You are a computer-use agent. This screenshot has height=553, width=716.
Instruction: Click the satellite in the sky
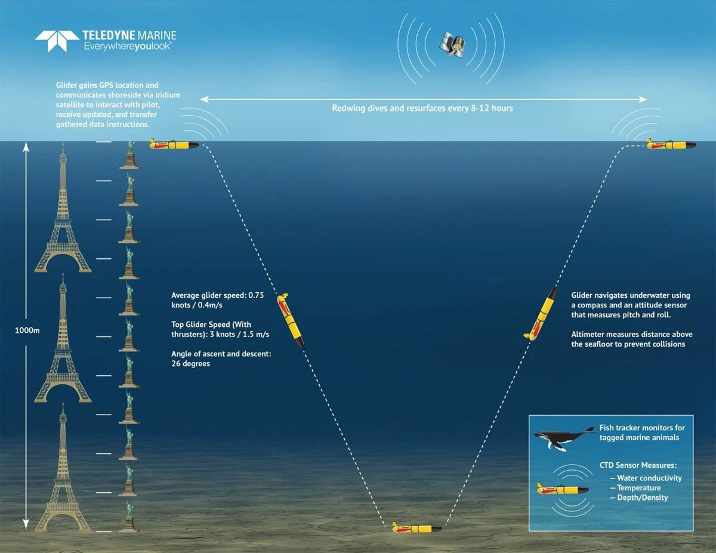click(452, 45)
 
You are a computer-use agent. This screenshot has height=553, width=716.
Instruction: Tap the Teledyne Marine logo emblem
click(57, 41)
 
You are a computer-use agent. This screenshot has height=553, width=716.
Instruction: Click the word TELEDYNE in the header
click(109, 36)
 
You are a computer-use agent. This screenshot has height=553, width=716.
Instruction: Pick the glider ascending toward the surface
click(541, 314)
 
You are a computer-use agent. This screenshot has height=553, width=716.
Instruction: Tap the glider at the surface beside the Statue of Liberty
click(174, 144)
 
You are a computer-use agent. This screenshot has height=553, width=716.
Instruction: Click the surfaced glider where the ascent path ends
click(671, 144)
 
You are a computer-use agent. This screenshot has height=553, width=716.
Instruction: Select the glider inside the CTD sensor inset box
click(563, 489)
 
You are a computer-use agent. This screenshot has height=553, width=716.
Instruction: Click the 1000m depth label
click(27, 330)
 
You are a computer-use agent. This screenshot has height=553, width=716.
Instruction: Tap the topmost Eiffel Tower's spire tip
click(63, 143)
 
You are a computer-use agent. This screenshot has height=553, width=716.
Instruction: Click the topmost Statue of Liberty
click(130, 155)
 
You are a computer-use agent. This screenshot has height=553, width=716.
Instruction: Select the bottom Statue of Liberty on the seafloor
click(129, 516)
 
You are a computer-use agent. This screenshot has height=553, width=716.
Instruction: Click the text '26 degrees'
click(190, 364)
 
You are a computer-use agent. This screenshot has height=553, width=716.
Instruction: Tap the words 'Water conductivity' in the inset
click(649, 478)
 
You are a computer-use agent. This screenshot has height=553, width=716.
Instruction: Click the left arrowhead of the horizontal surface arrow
click(204, 99)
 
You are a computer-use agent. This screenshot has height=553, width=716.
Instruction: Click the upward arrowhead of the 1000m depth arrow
click(26, 147)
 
